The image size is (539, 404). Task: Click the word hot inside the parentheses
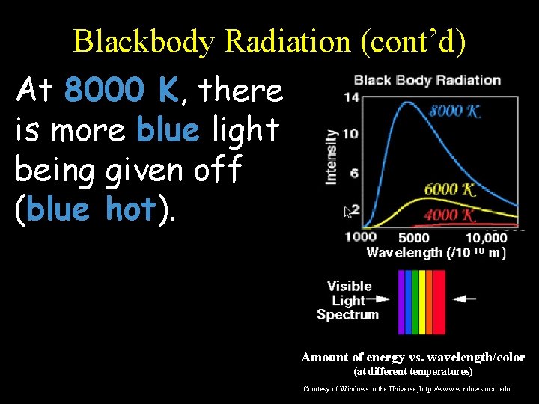(x=132, y=209)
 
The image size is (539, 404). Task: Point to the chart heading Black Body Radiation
(x=427, y=80)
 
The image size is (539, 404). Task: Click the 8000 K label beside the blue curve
(x=454, y=112)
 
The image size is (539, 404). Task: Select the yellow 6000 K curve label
(x=449, y=189)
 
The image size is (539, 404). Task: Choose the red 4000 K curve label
(x=450, y=215)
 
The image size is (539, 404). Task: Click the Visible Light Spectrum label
(x=349, y=300)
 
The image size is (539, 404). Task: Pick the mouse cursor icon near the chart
(x=347, y=212)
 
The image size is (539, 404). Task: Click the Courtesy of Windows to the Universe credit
(x=407, y=389)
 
